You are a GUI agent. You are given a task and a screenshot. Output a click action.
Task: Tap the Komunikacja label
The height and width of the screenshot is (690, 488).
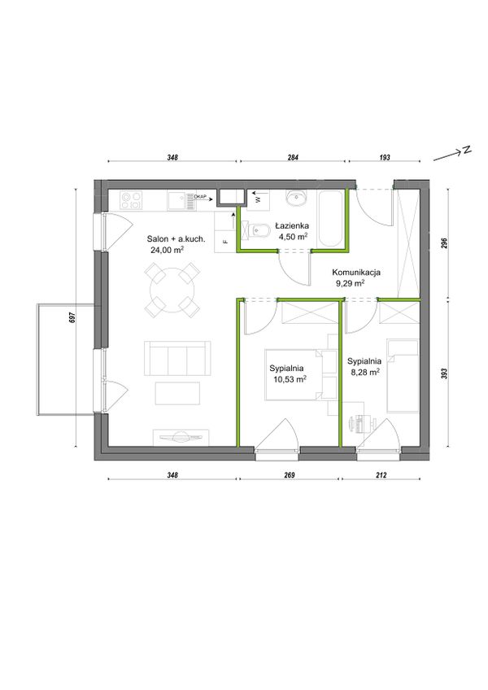click(356, 273)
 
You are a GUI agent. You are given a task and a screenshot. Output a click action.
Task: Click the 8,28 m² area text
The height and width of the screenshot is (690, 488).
click(365, 372)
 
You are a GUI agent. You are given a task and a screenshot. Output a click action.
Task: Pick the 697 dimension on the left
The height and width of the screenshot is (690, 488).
click(73, 318)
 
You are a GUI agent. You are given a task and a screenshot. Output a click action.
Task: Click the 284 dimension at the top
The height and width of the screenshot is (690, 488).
click(293, 158)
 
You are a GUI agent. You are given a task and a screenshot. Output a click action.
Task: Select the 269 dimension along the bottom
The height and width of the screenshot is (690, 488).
click(290, 475)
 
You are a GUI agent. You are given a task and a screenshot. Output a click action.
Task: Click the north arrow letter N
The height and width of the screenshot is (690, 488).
click(466, 150)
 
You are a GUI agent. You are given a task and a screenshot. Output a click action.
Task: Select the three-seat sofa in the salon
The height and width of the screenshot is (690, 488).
click(177, 358)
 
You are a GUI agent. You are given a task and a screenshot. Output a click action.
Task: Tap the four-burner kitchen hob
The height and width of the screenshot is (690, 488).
click(132, 201)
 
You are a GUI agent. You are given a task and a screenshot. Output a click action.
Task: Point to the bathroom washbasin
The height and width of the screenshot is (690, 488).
click(297, 199)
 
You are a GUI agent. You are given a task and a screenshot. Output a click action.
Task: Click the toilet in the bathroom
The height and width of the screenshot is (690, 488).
click(259, 229)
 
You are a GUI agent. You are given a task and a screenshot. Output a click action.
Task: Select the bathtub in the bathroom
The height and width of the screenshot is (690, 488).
click(329, 219)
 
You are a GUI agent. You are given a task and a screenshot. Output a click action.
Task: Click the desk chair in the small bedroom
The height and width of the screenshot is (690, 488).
click(357, 424)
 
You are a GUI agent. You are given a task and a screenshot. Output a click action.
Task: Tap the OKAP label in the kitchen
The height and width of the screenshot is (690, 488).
click(201, 196)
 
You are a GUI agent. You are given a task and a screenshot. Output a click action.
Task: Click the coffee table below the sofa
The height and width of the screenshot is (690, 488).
click(177, 393)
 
